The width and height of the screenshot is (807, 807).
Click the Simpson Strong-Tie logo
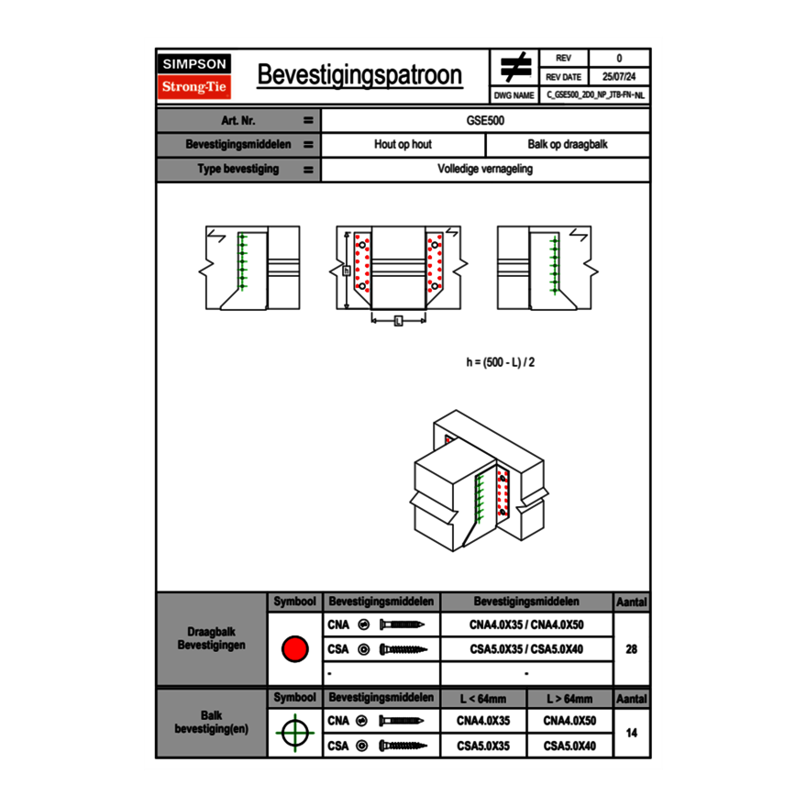click(x=194, y=76)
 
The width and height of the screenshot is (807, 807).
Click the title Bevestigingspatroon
click(x=359, y=75)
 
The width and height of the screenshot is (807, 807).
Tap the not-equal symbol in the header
click(x=515, y=67)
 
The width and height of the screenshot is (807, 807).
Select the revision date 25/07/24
click(x=619, y=77)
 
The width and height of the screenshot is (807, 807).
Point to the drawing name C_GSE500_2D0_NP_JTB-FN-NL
click(x=595, y=95)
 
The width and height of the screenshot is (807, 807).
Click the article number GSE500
click(x=485, y=120)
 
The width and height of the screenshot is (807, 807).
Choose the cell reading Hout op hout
click(x=403, y=144)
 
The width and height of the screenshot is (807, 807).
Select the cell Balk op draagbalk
click(x=568, y=144)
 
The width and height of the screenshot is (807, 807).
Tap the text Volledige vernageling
click(x=485, y=169)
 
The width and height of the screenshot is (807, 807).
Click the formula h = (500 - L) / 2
click(x=501, y=362)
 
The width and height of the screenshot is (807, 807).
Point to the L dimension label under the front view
click(x=398, y=321)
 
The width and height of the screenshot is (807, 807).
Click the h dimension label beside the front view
click(x=347, y=271)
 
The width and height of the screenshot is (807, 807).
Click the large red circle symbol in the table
click(x=295, y=648)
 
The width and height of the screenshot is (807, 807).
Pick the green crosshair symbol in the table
click(x=295, y=733)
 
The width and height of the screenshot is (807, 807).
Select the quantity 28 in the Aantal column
click(x=632, y=649)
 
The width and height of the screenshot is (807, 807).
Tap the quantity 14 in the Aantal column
click(x=632, y=733)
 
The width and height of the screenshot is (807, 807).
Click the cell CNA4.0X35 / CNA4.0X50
click(x=526, y=625)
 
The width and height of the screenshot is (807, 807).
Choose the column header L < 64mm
click(x=483, y=699)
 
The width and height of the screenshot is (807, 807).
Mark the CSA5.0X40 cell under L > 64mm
click(x=569, y=746)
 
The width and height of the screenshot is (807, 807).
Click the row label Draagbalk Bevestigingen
click(x=212, y=638)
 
